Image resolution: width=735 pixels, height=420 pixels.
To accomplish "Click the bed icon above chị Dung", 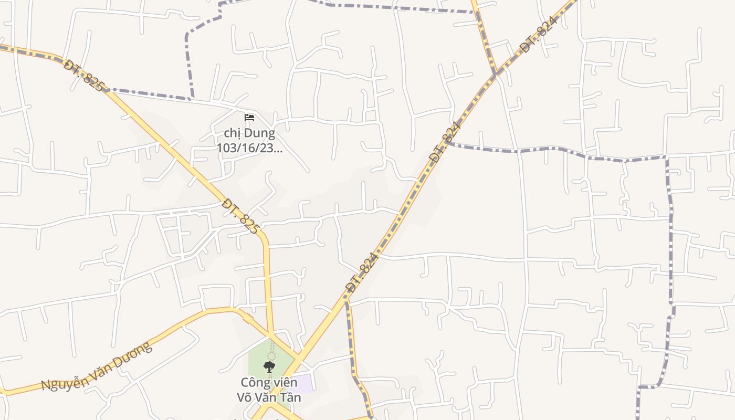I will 249,117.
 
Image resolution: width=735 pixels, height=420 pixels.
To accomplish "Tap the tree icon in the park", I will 269,366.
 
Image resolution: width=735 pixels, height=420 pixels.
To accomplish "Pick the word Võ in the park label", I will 245,397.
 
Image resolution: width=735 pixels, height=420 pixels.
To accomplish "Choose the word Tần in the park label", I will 290,397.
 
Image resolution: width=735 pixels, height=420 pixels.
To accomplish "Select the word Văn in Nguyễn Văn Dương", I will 101,367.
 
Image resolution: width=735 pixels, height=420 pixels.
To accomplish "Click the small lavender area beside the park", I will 306,382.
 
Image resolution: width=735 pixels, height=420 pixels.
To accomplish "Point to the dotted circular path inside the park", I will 271,356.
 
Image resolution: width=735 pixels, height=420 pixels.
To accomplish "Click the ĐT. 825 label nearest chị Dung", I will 240,216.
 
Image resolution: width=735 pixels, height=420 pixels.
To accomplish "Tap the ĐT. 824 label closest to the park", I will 362,272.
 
